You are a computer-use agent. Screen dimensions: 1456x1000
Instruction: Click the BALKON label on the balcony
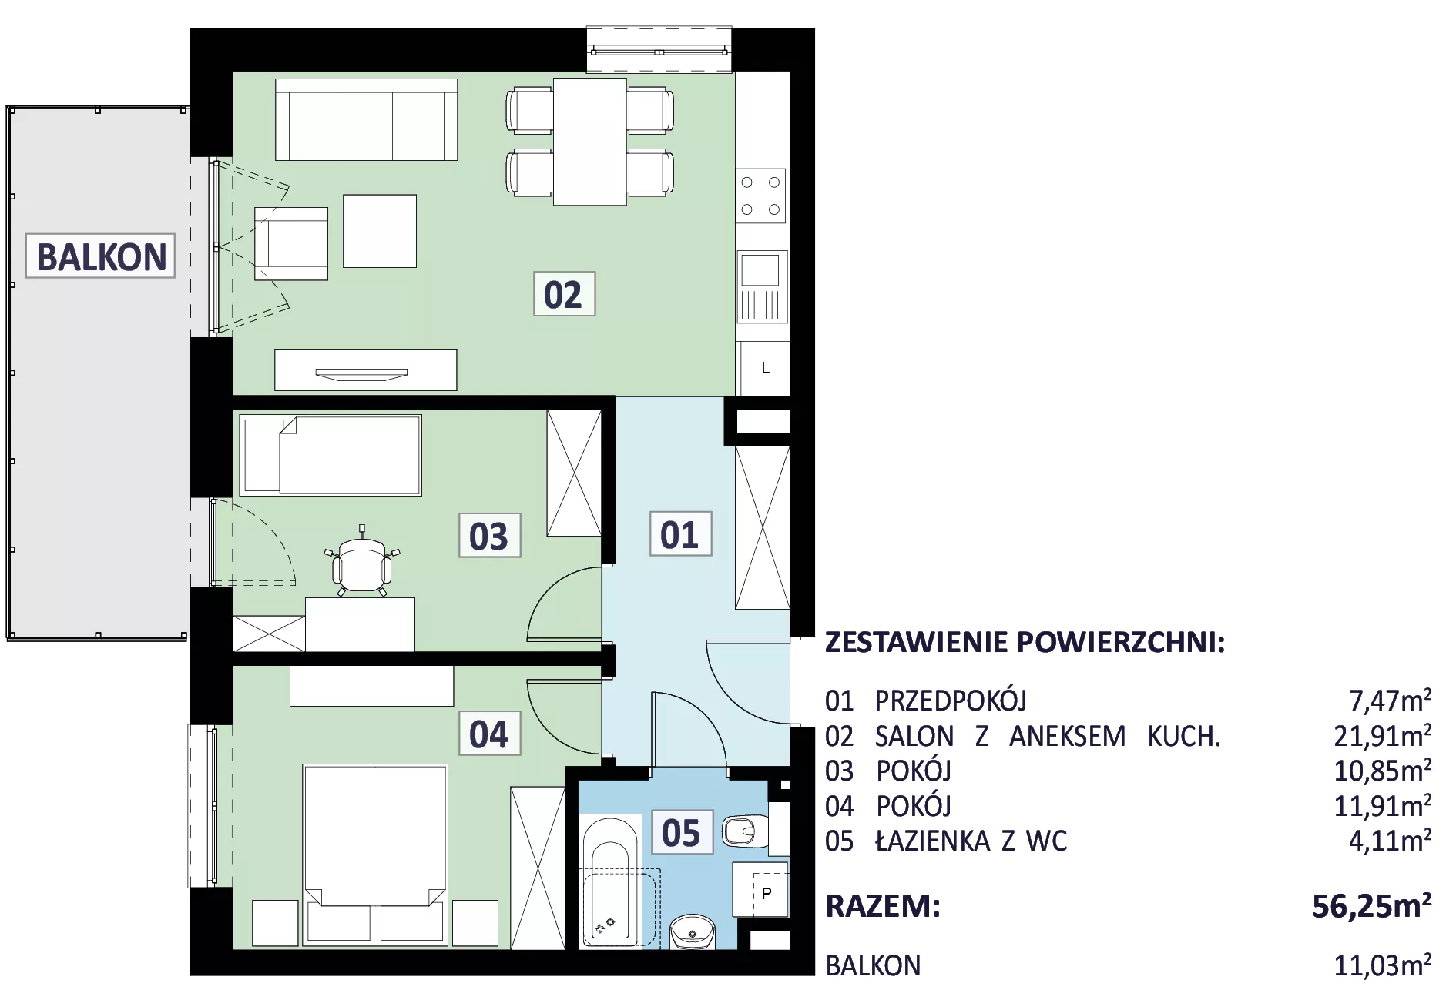click(101, 256)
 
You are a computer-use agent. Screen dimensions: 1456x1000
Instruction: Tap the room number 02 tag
click(564, 294)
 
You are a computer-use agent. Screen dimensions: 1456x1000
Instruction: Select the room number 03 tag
click(489, 536)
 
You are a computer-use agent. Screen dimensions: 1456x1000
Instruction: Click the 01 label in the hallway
click(680, 533)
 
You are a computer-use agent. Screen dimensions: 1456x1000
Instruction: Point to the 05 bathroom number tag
click(682, 832)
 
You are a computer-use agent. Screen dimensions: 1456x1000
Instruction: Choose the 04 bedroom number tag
click(489, 734)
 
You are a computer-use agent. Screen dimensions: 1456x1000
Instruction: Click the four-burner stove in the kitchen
click(760, 196)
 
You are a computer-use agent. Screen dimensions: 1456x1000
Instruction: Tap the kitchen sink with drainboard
click(762, 286)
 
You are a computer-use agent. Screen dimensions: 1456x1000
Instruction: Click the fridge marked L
click(765, 368)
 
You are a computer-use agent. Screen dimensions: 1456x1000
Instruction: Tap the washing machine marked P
click(760, 890)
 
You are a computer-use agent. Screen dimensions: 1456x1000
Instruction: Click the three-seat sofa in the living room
click(367, 120)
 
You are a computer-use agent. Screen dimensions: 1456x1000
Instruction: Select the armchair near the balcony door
click(291, 243)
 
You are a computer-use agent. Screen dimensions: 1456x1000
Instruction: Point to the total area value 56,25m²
click(1372, 905)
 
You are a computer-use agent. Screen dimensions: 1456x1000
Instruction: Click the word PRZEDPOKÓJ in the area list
click(951, 701)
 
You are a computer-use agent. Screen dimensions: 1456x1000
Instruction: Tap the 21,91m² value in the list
click(1383, 735)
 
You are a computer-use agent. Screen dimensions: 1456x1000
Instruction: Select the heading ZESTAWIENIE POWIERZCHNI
click(1025, 641)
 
